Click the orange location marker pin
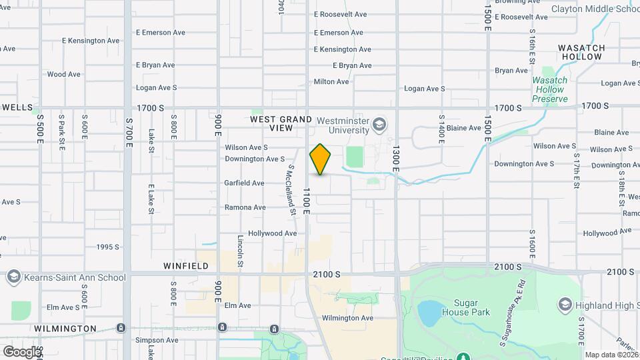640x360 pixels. point(321,159)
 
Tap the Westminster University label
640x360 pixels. point(343,125)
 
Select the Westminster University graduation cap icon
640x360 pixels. point(379,125)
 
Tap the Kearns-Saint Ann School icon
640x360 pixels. point(13,277)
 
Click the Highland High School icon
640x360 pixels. point(565,305)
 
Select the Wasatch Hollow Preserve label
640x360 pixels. point(549,89)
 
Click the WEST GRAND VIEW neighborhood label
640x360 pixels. point(281,123)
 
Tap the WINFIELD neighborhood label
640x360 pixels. point(186,266)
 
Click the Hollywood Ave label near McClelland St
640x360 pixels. point(272,233)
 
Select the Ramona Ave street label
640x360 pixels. point(245,207)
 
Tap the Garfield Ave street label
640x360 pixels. point(244,183)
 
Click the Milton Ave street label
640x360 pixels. point(332,82)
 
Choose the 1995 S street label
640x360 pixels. point(107,247)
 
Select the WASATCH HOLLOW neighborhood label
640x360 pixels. point(581,52)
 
